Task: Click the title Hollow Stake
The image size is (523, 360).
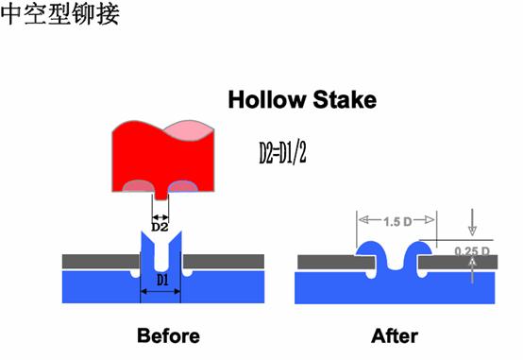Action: (302, 99)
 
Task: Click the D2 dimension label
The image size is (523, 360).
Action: (160, 227)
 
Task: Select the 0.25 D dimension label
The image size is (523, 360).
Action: (472, 250)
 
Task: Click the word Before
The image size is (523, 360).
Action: (168, 335)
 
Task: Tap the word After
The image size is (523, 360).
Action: (395, 335)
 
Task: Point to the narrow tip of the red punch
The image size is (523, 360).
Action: (160, 193)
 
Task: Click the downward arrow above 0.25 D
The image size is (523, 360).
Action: (471, 228)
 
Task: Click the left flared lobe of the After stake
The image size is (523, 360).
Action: (370, 249)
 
